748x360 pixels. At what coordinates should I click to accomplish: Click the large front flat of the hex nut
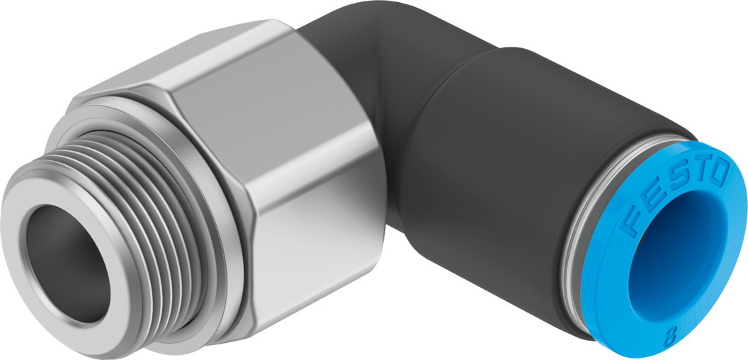click(312, 184)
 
